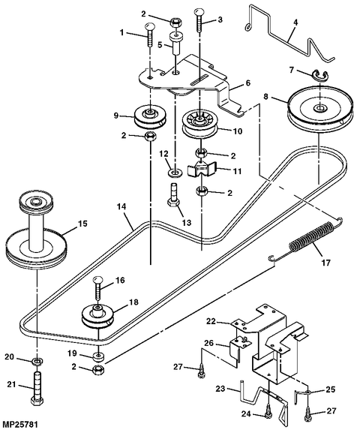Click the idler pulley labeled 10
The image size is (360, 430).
[200, 123]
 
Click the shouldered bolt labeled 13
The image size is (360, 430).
[173, 202]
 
